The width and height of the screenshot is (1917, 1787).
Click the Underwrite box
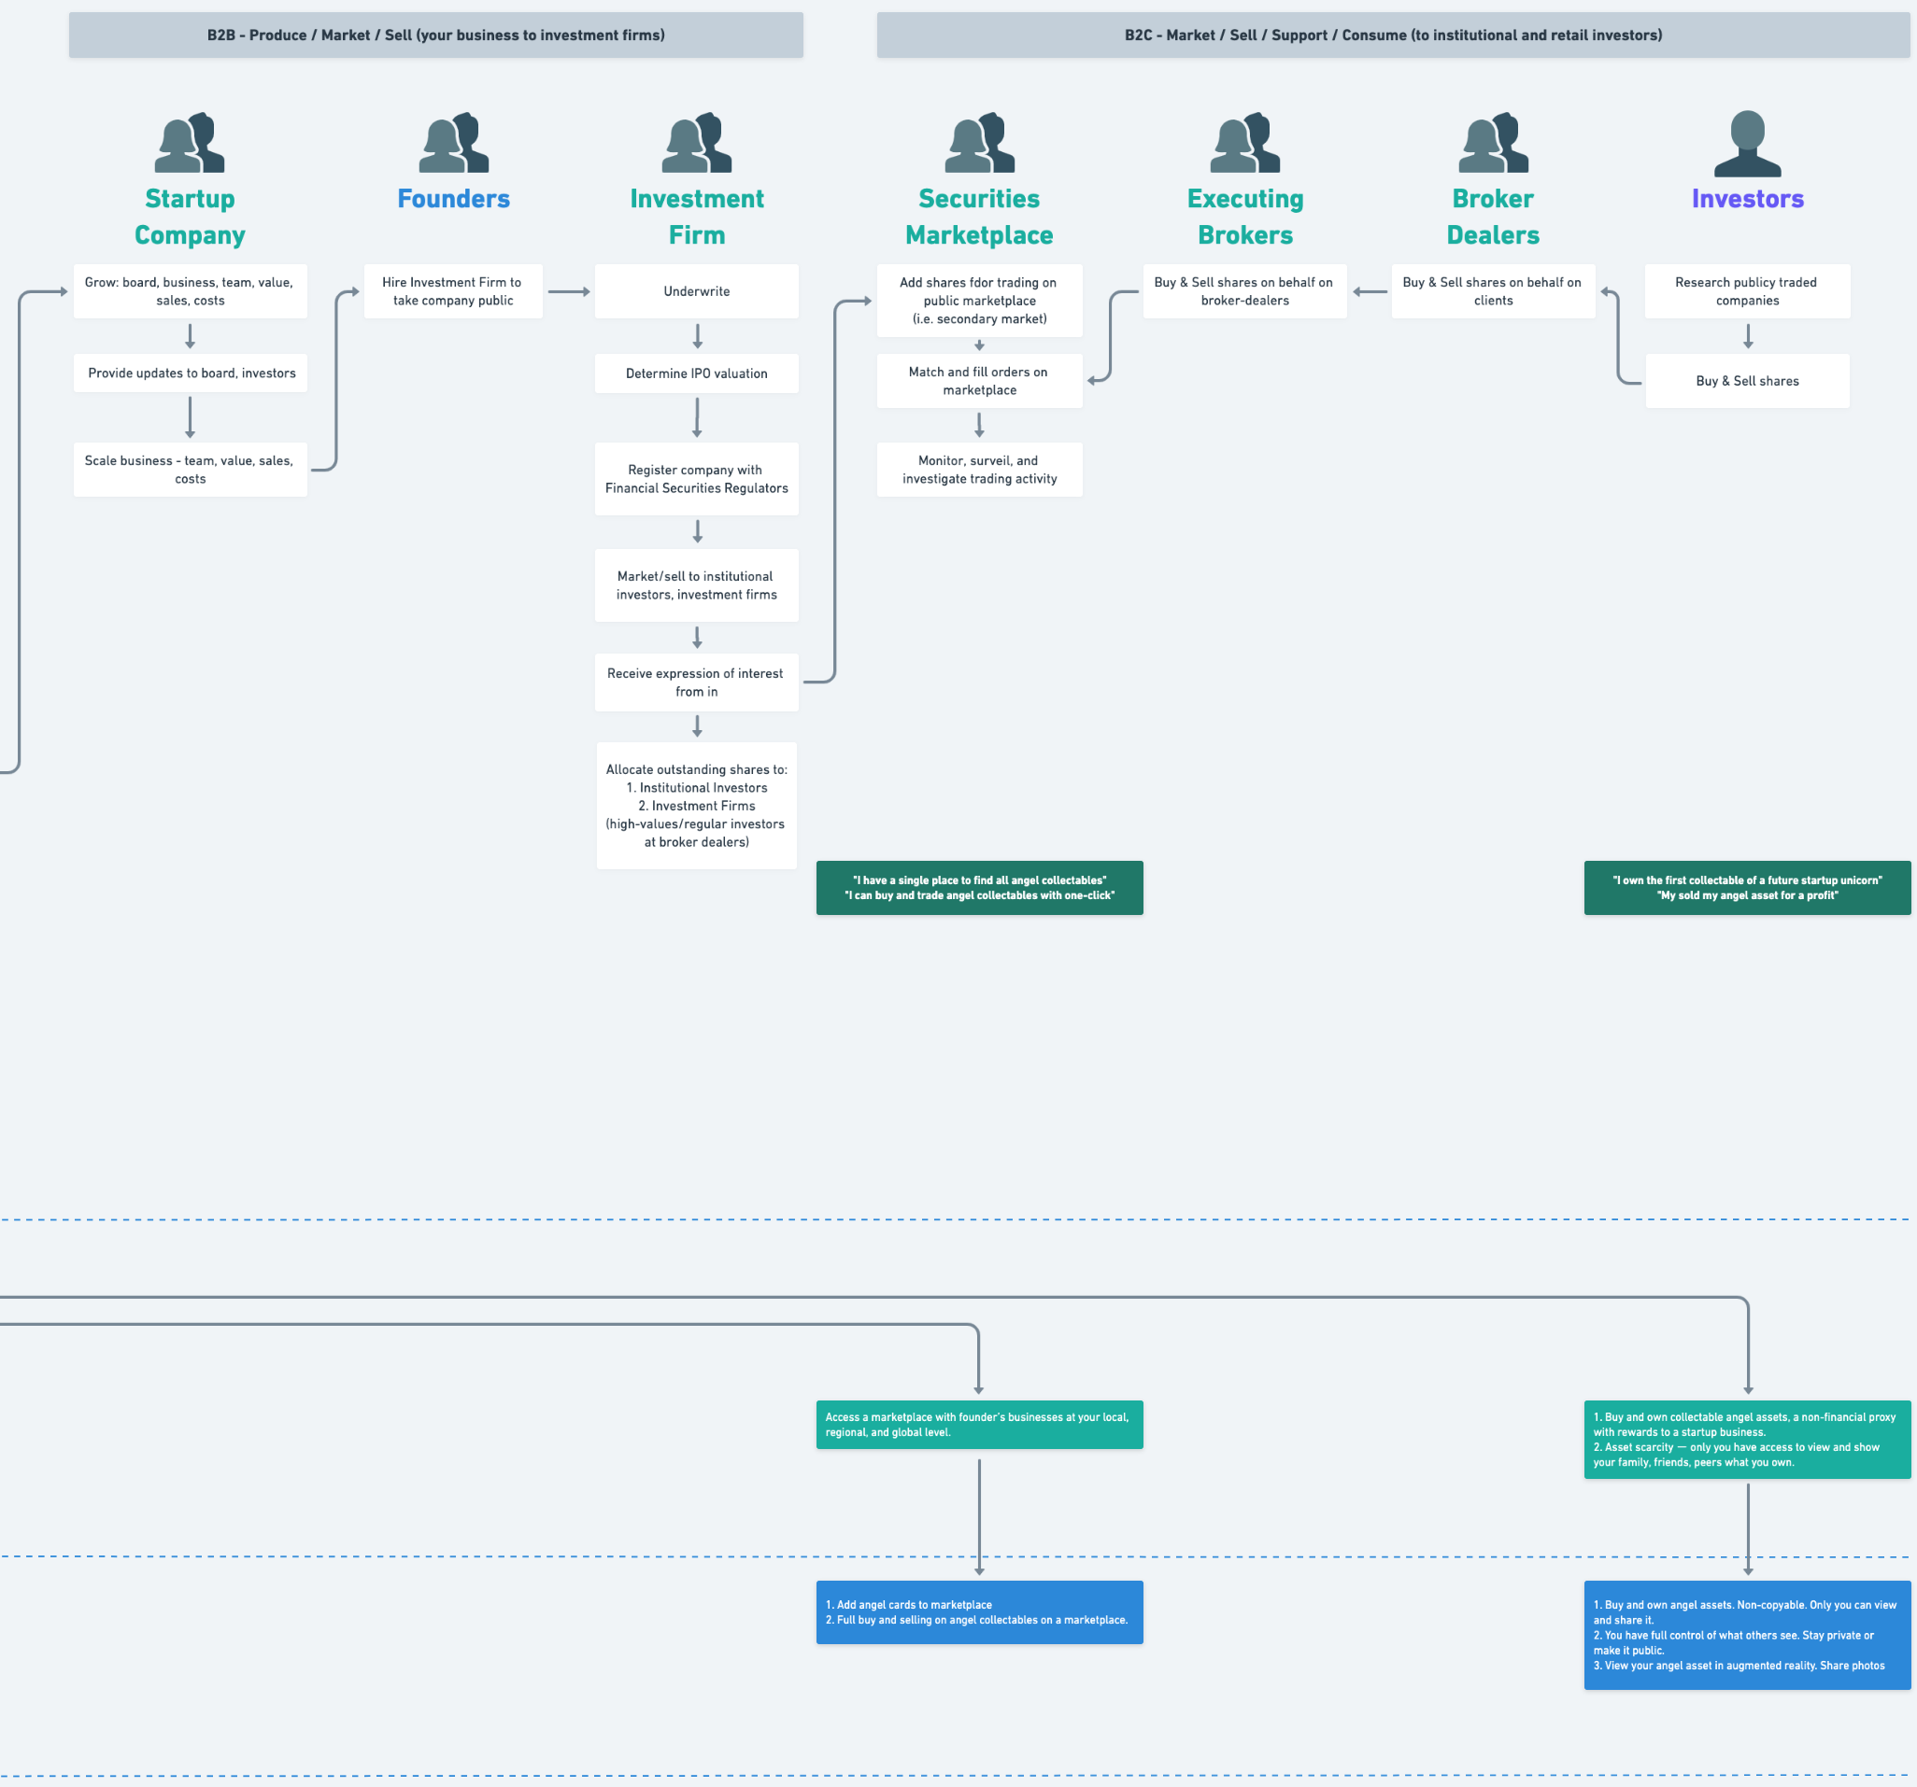[696, 291]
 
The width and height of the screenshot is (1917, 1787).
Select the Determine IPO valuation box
[696, 373]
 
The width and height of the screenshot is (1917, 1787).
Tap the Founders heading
[453, 199]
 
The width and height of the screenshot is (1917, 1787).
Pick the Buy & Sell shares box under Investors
[1746, 381]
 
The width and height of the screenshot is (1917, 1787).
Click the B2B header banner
[436, 35]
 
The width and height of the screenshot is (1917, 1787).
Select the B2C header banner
[1392, 35]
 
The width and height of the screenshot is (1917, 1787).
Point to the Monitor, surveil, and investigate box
[979, 470]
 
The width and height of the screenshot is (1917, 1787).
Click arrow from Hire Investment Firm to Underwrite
[569, 291]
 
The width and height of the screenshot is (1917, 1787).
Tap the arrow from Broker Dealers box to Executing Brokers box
[1370, 291]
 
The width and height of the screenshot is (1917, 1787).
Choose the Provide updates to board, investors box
[191, 373]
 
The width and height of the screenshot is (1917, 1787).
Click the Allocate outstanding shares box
[696, 806]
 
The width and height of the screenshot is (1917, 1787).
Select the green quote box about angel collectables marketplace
[979, 888]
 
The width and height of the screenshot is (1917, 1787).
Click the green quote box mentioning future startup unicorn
[1746, 888]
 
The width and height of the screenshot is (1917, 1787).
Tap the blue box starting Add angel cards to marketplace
[979, 1612]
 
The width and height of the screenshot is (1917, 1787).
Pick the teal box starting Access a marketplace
[979, 1425]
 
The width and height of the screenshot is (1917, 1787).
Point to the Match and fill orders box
[979, 381]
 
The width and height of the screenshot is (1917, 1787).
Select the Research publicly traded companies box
[1746, 291]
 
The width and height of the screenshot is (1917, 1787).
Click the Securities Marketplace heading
[979, 217]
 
